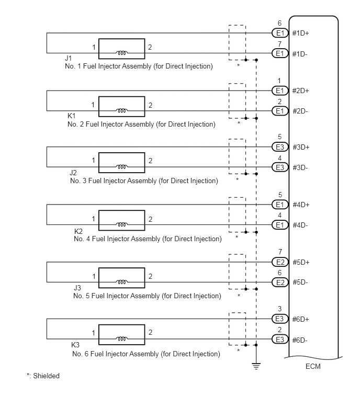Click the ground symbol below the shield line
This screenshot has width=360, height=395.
[256, 366]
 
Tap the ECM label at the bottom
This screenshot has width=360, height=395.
[313, 366]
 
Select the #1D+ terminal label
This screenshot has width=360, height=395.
[300, 33]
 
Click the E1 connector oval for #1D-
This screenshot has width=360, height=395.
[280, 53]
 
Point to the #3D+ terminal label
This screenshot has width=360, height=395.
[301, 147]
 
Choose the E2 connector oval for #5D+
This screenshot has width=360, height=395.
[280, 262]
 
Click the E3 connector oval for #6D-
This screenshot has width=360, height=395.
[280, 340]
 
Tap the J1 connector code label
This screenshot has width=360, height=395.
[68, 58]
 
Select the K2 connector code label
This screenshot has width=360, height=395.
[78, 231]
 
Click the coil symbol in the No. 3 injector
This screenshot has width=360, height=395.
[122, 167]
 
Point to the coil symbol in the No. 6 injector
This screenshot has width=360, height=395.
[122, 339]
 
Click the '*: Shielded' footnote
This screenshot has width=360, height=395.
[43, 376]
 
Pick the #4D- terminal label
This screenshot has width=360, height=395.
[300, 225]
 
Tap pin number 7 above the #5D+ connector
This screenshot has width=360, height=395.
[280, 252]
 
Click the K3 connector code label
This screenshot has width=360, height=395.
[75, 345]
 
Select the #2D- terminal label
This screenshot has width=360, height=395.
[300, 111]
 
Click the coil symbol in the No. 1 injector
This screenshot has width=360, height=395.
[122, 53]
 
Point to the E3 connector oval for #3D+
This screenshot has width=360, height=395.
[280, 147]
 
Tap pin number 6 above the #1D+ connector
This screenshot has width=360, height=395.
[279, 23]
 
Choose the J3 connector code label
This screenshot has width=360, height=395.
[77, 288]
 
